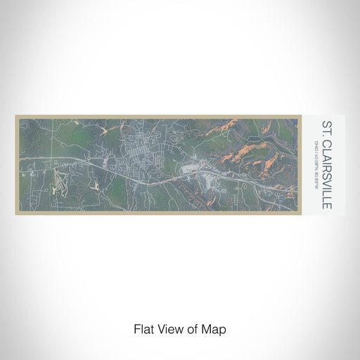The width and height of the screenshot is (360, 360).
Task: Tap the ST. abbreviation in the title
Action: click(x=327, y=128)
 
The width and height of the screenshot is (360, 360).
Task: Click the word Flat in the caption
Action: click(x=143, y=329)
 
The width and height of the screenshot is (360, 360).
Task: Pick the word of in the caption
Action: click(x=193, y=329)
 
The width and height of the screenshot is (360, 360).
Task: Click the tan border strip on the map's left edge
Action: click(x=17, y=165)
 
